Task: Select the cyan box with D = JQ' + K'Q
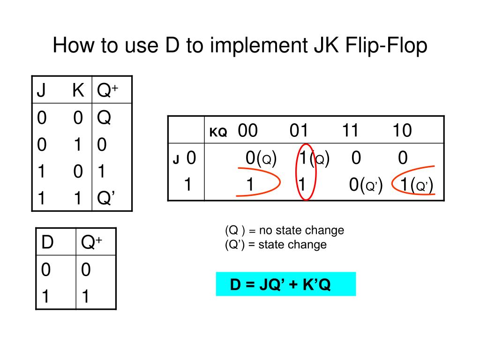tap(285, 284)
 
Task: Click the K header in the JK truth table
tap(78, 90)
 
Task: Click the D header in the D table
tap(47, 242)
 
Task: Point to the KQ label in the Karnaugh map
tap(218, 133)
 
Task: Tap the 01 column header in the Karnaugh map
tap(299, 131)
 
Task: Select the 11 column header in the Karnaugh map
tap(350, 131)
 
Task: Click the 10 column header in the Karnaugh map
tap(402, 131)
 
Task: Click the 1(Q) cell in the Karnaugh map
tap(314, 158)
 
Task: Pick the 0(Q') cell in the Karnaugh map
tap(366, 185)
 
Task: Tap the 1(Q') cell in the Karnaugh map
tap(416, 185)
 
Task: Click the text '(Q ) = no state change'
tap(284, 230)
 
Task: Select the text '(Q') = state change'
tap(276, 244)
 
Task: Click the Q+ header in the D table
tap(91, 242)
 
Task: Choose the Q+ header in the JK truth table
tap(107, 90)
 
